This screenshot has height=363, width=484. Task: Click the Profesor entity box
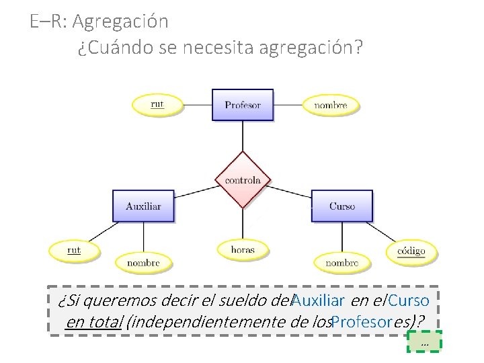click(x=243, y=105)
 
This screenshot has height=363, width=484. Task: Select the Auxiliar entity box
click(x=143, y=206)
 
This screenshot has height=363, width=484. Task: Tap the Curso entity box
click(x=342, y=206)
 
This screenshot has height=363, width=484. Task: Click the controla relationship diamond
click(x=243, y=180)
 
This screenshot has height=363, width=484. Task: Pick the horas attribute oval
click(x=243, y=249)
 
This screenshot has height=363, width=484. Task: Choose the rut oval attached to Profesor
click(x=157, y=104)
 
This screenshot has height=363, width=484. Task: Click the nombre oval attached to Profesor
click(x=331, y=105)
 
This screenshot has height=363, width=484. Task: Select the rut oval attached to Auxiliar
click(x=74, y=250)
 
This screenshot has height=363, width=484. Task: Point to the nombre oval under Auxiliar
click(x=143, y=262)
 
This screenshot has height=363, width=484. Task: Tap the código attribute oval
click(x=411, y=251)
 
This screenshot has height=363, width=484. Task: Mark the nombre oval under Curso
click(x=341, y=263)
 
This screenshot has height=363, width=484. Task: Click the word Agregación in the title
click(x=120, y=22)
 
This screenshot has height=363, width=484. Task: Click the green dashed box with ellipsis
click(x=425, y=342)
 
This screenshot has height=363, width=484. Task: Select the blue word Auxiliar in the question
click(x=318, y=300)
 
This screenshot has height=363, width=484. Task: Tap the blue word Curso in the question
click(x=409, y=300)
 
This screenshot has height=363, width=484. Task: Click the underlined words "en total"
click(x=94, y=321)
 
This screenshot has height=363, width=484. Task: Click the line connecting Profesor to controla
click(x=243, y=136)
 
